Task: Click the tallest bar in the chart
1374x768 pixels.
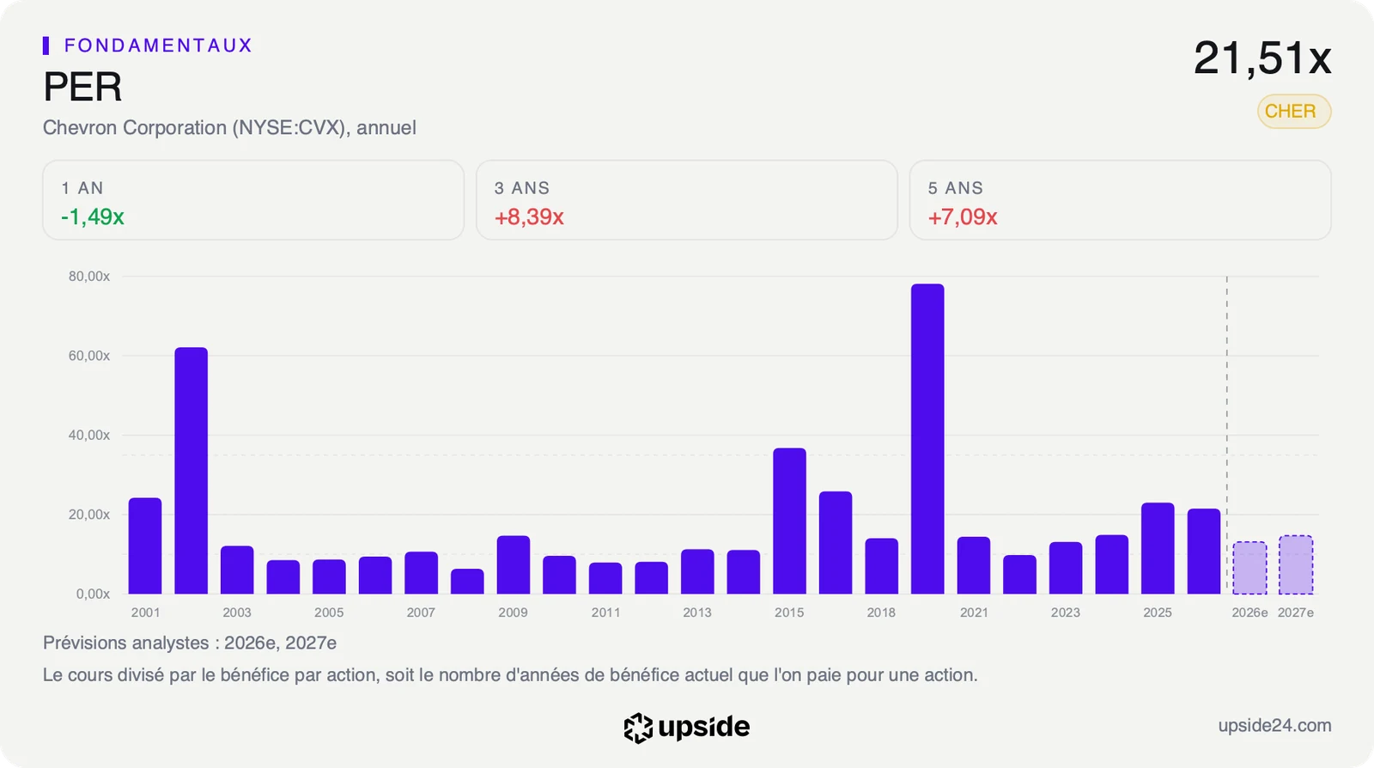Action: point(927,439)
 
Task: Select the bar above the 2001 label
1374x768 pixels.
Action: point(145,546)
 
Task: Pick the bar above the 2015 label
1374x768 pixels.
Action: point(789,521)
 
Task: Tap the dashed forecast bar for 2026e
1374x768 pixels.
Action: point(1249,568)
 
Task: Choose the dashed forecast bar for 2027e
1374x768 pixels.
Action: point(1296,564)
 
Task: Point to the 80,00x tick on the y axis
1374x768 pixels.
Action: point(89,276)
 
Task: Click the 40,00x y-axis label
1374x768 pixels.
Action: point(89,435)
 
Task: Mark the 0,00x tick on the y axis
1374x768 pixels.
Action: point(93,594)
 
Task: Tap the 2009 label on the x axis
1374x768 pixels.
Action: point(513,613)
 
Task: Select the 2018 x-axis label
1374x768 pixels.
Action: point(881,613)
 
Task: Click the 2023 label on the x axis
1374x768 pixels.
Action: point(1065,613)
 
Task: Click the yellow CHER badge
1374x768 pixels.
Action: point(1293,111)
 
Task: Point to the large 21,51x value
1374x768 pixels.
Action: point(1262,58)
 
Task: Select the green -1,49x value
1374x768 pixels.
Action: point(93,216)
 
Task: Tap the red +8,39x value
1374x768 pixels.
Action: point(529,216)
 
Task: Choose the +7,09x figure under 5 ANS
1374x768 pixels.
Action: point(963,216)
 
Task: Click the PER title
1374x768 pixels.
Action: point(82,87)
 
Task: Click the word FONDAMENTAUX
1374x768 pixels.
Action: point(158,46)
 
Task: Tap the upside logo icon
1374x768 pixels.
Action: point(638,728)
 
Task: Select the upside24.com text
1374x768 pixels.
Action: point(1274,725)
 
